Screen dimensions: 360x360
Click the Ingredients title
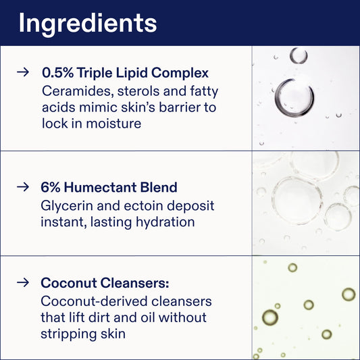tap(87, 22)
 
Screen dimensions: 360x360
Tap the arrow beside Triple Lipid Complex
tap(24, 72)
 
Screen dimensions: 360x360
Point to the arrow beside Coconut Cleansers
tap(24, 282)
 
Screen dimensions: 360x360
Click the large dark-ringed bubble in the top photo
tap(294, 96)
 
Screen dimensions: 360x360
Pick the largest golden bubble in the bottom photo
tap(269, 317)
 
